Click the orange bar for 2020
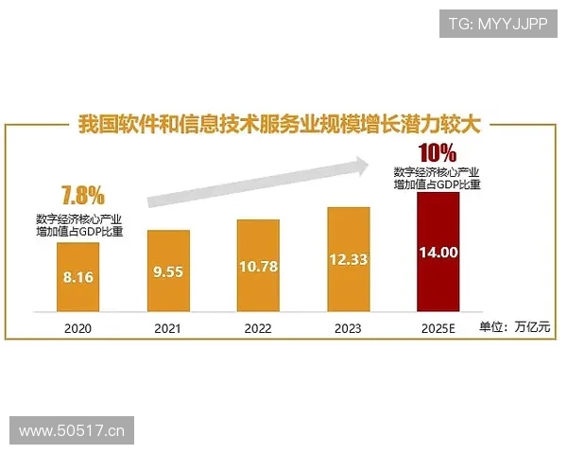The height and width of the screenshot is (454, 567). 77,277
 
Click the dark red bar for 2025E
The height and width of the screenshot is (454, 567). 438,252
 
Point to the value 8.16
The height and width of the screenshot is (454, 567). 77,278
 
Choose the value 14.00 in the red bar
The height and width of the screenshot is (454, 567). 438,253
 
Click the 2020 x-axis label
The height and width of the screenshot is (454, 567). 77,328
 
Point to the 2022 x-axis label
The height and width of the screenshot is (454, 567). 258,328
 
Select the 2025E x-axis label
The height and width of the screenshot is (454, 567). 438,328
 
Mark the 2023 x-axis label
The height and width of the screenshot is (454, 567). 348,328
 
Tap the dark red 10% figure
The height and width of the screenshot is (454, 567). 438,151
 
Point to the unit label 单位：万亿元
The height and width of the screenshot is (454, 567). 515,328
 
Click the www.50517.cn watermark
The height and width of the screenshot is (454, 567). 72,431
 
